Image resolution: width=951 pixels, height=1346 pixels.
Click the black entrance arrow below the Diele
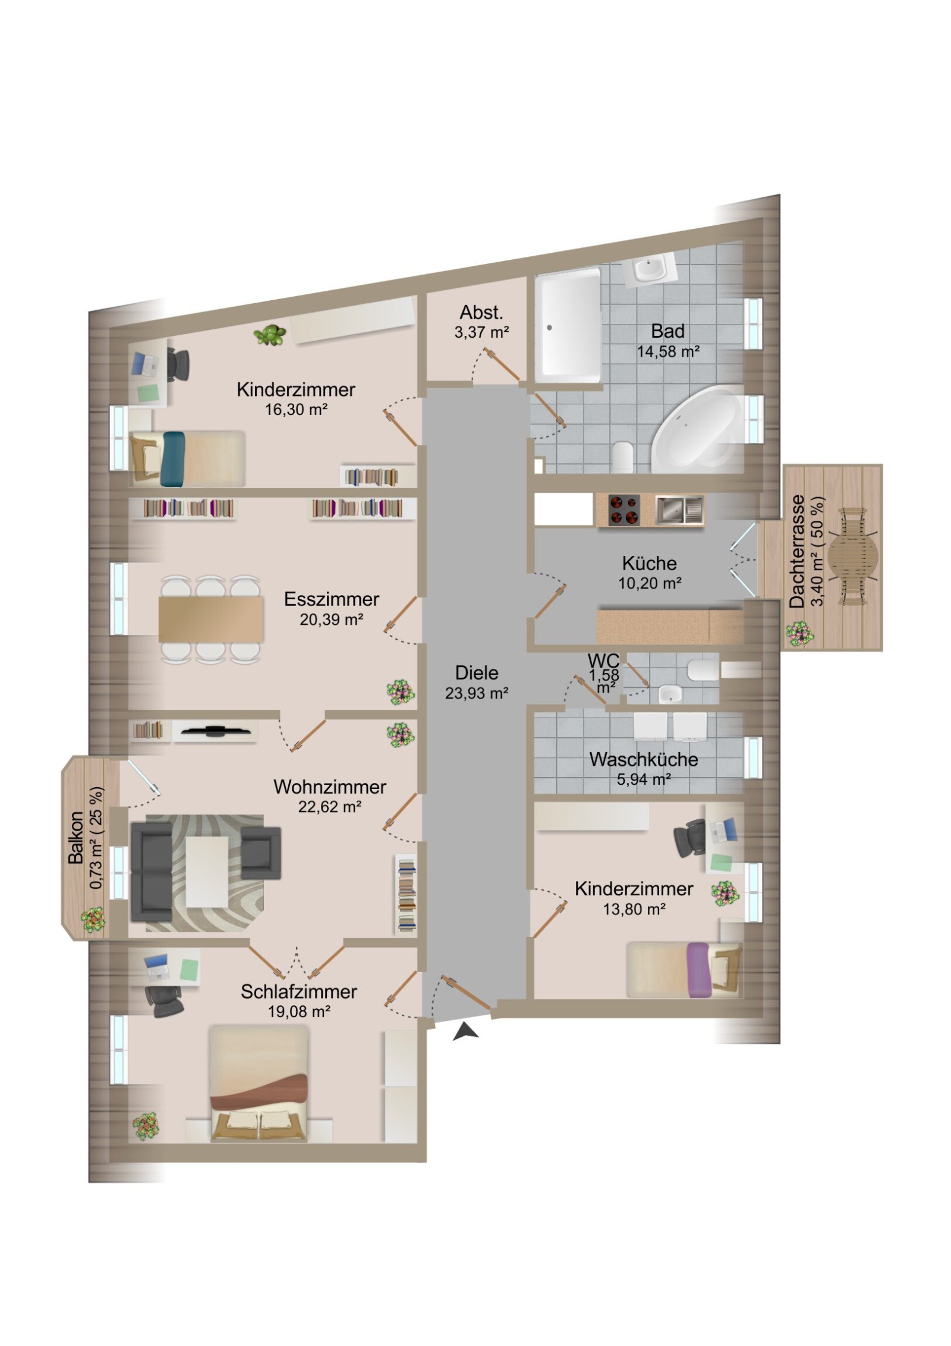[x=466, y=1031]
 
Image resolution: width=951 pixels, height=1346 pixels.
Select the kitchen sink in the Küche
[x=679, y=510]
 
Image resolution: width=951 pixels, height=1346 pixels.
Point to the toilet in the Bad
[x=622, y=457]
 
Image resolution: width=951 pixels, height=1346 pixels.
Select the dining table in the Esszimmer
[x=210, y=619]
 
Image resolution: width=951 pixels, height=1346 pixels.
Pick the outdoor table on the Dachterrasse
[x=852, y=556]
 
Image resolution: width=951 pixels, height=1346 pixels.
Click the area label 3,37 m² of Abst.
[x=481, y=332]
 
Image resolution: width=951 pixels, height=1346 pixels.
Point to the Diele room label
[x=476, y=672]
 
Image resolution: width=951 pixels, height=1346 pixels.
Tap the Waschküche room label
[x=643, y=759]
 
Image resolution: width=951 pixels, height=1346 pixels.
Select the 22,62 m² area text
[x=330, y=807]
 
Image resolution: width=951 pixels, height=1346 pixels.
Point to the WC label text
[x=603, y=661]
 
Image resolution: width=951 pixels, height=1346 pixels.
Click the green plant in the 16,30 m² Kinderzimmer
[x=270, y=335]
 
